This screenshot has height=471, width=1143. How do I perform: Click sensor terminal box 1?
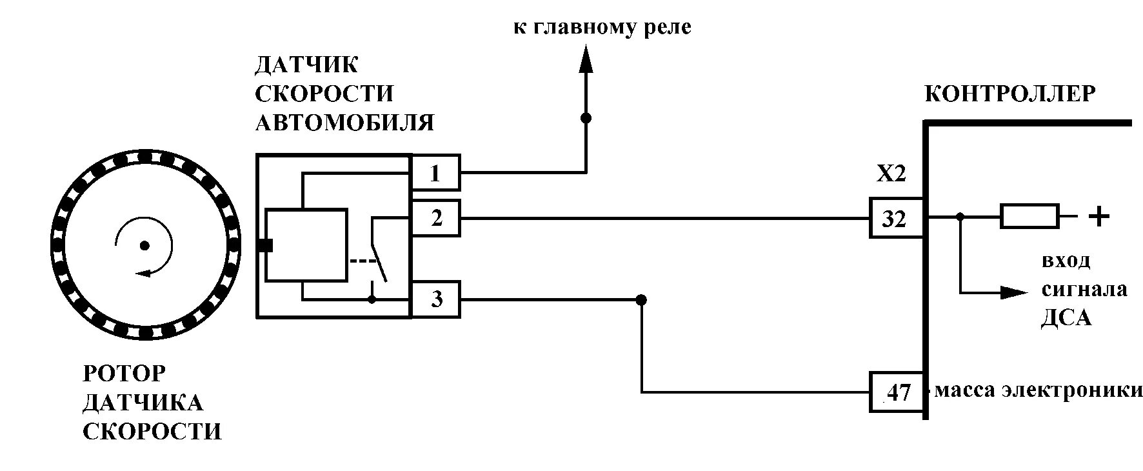435,172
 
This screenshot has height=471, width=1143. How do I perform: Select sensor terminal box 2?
435,218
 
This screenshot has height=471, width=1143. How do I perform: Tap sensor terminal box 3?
435,299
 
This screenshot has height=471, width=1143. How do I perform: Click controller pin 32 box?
896,219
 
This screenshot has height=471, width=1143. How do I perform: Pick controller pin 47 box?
897,392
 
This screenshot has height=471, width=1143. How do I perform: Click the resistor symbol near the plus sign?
1029,217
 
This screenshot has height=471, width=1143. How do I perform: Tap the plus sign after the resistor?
1098,217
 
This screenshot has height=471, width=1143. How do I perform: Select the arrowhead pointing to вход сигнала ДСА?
1013,292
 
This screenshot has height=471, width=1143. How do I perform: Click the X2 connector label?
891,175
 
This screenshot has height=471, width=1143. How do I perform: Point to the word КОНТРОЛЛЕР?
1010,94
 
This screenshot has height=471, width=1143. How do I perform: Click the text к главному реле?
602,28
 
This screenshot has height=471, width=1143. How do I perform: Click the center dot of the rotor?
144,245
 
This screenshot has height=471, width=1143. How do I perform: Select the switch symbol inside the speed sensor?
378,252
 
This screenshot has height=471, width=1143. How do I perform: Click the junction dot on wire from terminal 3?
641,300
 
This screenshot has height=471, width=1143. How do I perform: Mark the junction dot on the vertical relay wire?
586,118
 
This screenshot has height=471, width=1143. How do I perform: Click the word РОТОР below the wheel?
124,374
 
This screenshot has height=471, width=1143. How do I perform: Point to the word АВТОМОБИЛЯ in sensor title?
344,123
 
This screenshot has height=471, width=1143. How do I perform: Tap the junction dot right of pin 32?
960,217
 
